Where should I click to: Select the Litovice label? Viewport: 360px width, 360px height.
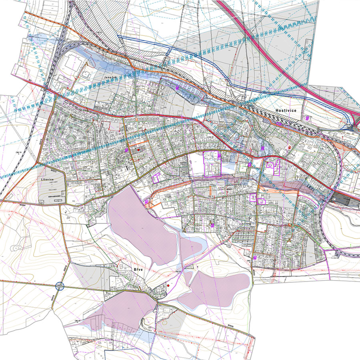pyautogui.click(x=48, y=180)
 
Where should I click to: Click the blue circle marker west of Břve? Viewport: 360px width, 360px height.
pyautogui.click(x=60, y=286)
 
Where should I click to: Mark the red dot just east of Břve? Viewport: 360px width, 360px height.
pyautogui.click(x=169, y=286)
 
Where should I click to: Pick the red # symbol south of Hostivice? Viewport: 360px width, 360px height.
pyautogui.click(x=289, y=148)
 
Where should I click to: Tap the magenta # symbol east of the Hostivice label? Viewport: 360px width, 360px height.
pyautogui.click(x=307, y=118)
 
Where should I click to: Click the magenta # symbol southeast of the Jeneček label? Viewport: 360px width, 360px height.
pyautogui.click(x=177, y=88)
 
